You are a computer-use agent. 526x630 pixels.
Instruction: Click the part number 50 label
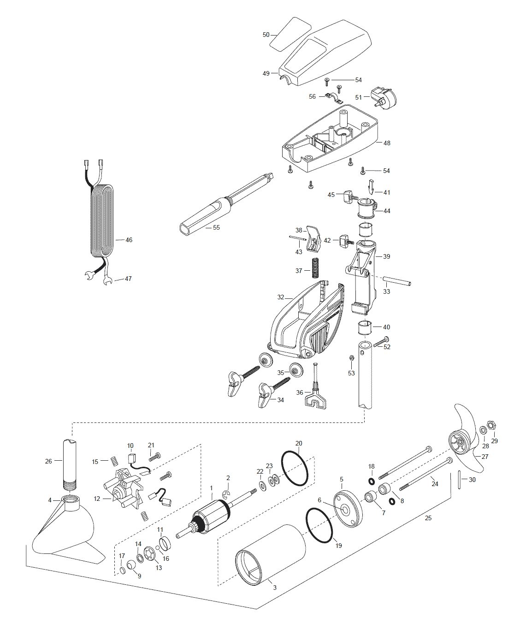(266, 35)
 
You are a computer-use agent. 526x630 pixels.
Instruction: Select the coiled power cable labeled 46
(102, 221)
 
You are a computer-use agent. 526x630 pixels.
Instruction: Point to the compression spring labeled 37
(315, 268)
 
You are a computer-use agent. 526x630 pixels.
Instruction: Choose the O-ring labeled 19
(319, 525)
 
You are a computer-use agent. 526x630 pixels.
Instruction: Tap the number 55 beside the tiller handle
(216, 227)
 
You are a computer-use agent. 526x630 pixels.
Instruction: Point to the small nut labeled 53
(351, 358)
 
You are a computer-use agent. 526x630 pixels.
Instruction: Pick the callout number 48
(387, 143)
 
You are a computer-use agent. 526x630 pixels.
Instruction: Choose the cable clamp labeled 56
(334, 98)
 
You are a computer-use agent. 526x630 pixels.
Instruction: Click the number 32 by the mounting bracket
(280, 297)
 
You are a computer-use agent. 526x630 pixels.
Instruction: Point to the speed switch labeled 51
(384, 98)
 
